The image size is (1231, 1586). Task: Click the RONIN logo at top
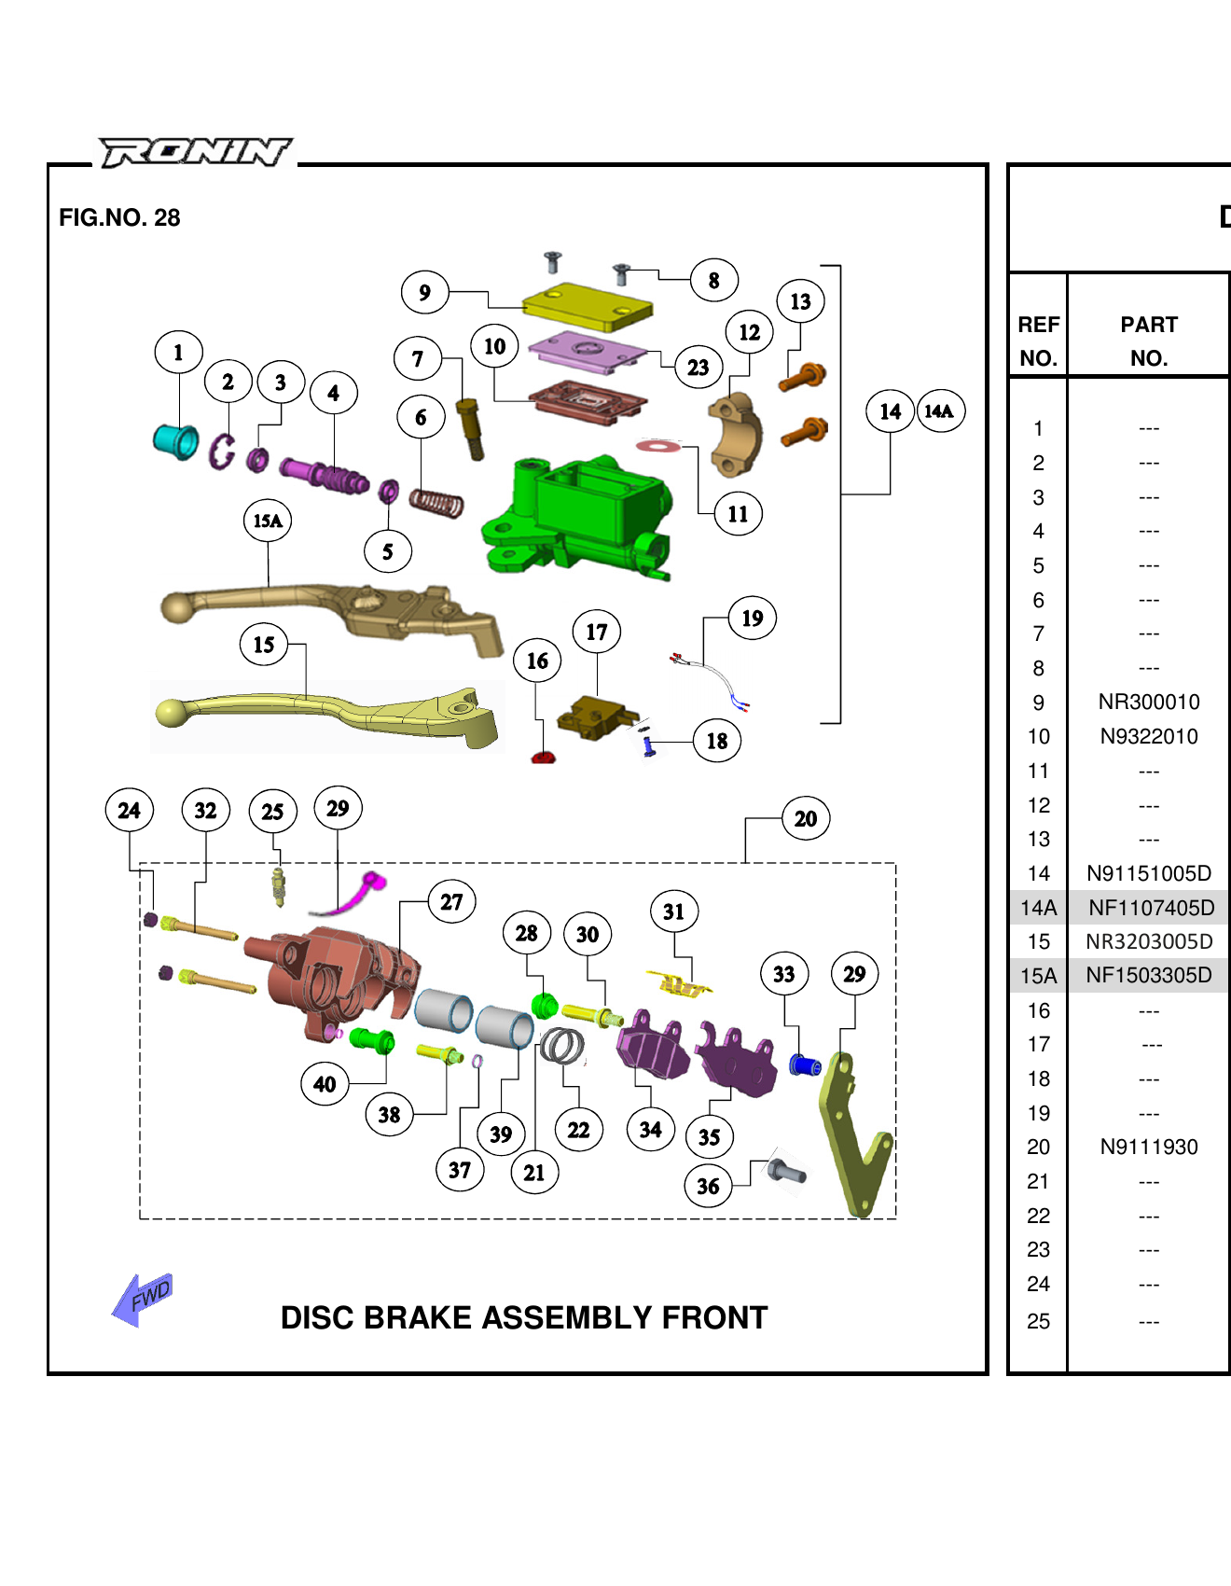pyautogui.click(x=195, y=152)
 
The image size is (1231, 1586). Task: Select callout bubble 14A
pyautogui.click(x=940, y=411)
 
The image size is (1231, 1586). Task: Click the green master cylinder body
pyautogui.click(x=578, y=513)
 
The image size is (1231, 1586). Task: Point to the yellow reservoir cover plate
pyautogui.click(x=587, y=305)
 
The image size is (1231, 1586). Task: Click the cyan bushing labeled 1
pyautogui.click(x=175, y=441)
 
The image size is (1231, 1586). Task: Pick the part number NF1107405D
pyautogui.click(x=1151, y=908)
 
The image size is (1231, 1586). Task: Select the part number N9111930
pyautogui.click(x=1148, y=1148)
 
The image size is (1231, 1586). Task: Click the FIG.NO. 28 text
pyautogui.click(x=119, y=217)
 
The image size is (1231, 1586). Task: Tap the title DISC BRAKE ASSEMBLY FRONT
pyautogui.click(x=523, y=1317)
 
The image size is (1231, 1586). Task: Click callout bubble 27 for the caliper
pyautogui.click(x=451, y=902)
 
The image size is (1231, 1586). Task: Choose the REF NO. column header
pyautogui.click(x=1038, y=341)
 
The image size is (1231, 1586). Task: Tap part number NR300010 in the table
pyautogui.click(x=1148, y=703)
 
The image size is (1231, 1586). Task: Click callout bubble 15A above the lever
pyautogui.click(x=268, y=521)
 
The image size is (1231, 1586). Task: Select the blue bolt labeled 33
pyautogui.click(x=804, y=1064)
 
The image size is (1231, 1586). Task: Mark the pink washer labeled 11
pyautogui.click(x=658, y=446)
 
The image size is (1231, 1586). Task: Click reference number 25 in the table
pyautogui.click(x=1038, y=1321)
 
